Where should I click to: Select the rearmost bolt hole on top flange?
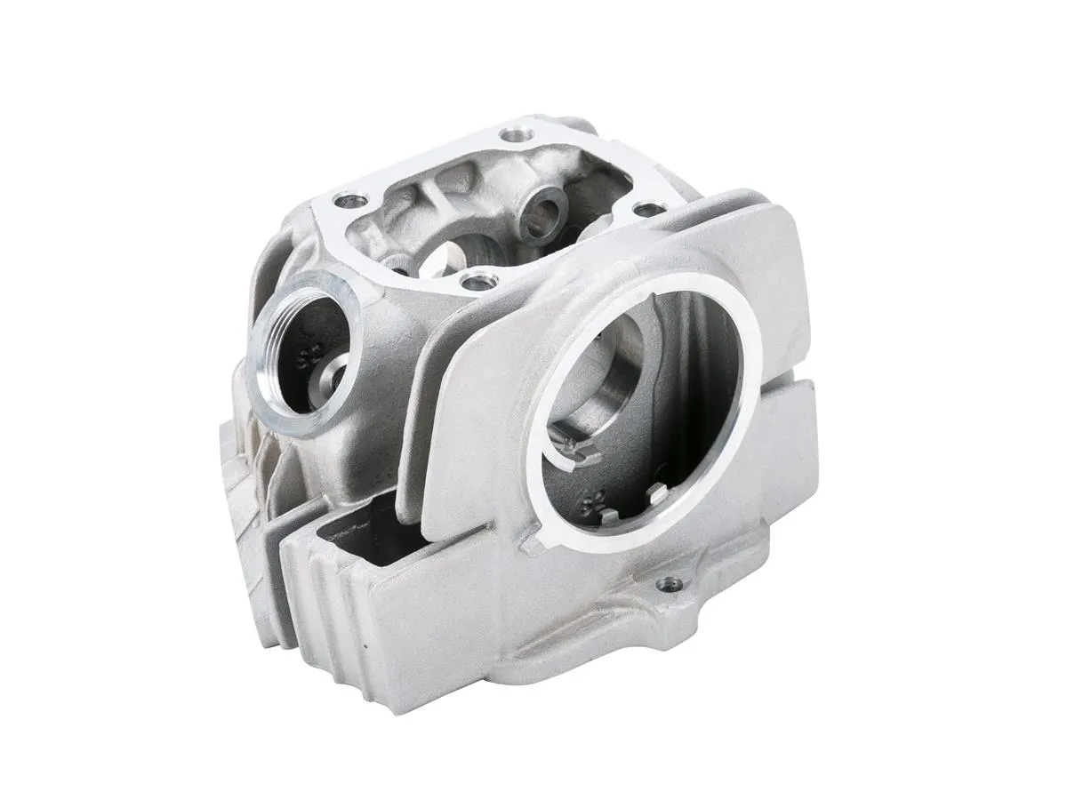(x=512, y=136)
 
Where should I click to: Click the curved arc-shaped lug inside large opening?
(x=569, y=444)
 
